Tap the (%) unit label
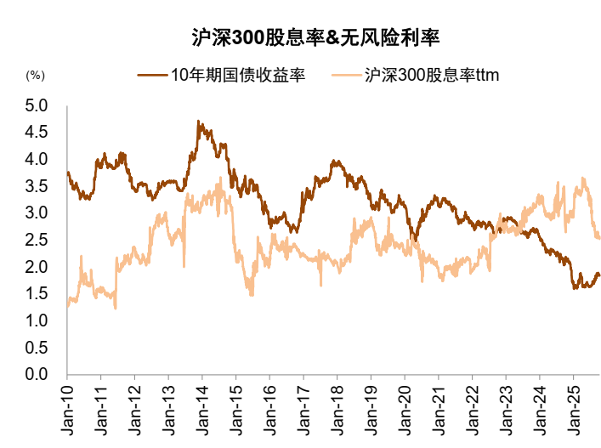click(35, 75)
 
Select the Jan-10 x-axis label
click(68, 410)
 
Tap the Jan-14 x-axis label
click(202, 410)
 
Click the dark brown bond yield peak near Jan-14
click(199, 122)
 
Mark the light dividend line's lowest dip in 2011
click(115, 308)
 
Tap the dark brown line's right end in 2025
click(599, 275)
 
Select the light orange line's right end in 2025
click(599, 238)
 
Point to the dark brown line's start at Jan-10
click(68, 173)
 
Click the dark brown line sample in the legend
click(153, 75)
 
